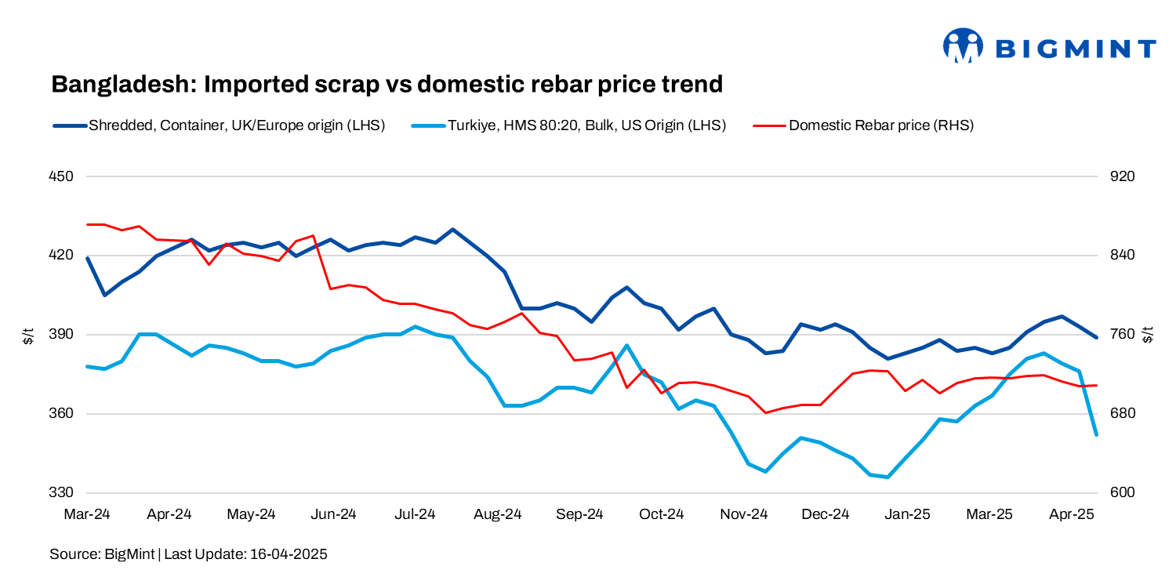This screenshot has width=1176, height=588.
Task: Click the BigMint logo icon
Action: click(x=963, y=45)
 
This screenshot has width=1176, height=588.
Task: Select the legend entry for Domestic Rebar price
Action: click(x=880, y=125)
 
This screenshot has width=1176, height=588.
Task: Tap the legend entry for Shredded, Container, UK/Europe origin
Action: click(x=236, y=125)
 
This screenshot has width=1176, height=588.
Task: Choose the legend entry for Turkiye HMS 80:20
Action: click(x=586, y=125)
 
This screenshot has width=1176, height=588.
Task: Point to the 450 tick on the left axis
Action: click(x=61, y=176)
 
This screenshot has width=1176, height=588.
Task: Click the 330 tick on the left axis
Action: click(x=61, y=493)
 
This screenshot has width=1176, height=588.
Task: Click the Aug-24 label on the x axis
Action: click(x=498, y=515)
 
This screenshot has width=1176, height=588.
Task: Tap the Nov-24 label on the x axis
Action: click(x=744, y=515)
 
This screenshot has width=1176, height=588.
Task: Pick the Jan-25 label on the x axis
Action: click(x=908, y=515)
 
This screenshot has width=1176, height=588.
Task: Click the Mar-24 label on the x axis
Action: click(x=87, y=515)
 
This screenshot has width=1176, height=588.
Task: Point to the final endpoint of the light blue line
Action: click(x=1096, y=434)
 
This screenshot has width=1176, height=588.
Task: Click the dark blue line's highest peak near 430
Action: click(x=452, y=230)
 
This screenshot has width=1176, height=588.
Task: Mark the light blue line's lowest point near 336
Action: click(x=887, y=477)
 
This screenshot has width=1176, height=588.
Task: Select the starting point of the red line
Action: click(x=88, y=224)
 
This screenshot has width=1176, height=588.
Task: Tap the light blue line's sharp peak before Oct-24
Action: click(x=626, y=345)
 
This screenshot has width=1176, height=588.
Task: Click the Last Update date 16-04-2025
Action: click(x=288, y=554)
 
